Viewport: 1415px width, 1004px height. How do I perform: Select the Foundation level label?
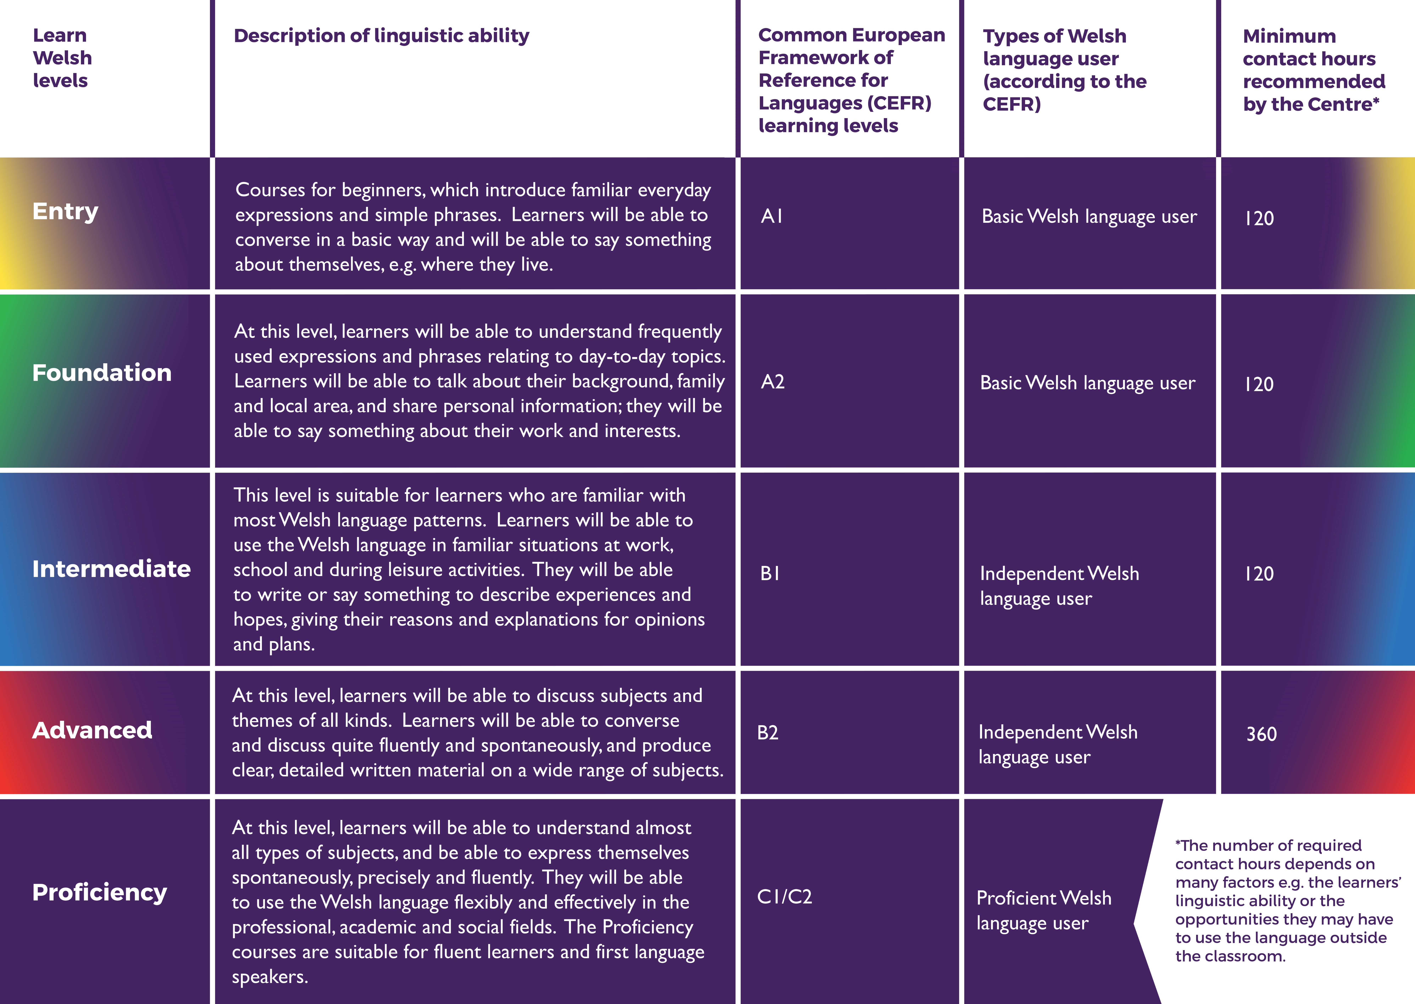101,373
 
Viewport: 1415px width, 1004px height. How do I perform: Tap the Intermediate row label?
111,569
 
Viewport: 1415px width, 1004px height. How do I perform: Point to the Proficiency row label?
99,892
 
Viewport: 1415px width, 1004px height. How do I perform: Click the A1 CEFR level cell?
772,216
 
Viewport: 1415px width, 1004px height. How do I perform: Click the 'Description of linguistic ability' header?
381,36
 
